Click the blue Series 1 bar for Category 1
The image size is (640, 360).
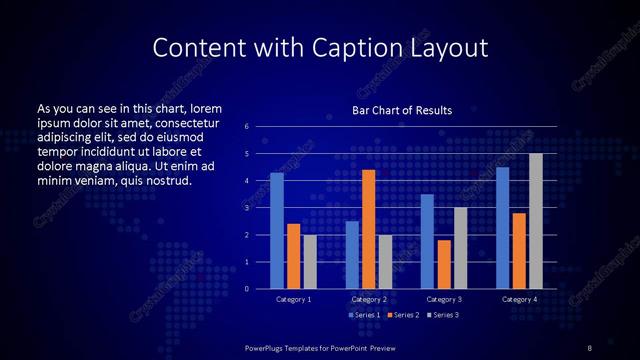(x=277, y=231)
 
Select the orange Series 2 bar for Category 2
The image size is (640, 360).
(x=368, y=229)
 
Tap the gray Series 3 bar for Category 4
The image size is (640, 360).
(x=535, y=221)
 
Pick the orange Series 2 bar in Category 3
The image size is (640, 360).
(x=443, y=264)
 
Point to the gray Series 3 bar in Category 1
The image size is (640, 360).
(x=310, y=262)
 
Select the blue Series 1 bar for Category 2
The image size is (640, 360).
(x=352, y=255)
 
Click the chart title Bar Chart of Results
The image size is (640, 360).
(x=402, y=110)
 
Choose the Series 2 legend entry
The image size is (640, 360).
(x=402, y=315)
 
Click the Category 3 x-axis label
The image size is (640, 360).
(x=443, y=299)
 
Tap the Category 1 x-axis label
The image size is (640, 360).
(x=293, y=299)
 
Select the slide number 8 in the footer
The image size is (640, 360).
(x=589, y=347)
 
